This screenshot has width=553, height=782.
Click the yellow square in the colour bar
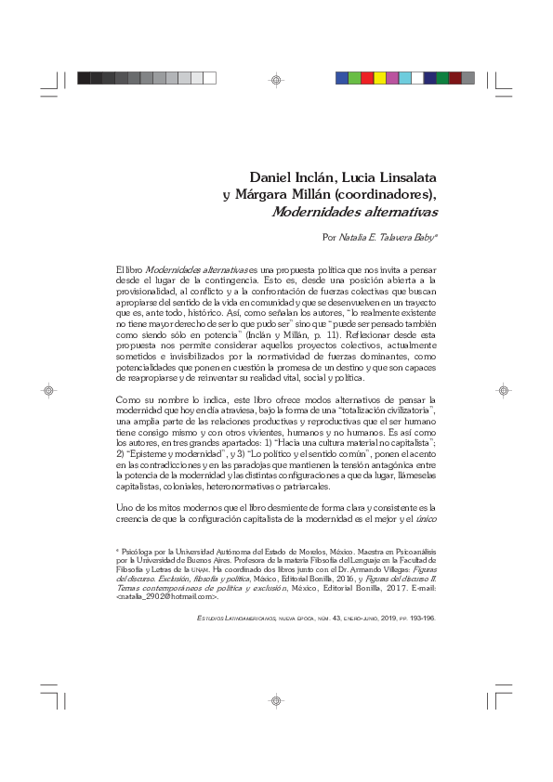(x=379, y=78)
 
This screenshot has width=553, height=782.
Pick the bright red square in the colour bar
(x=367, y=78)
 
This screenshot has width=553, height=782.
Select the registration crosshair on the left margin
(x=50, y=391)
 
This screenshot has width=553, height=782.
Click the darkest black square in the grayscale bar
(x=84, y=78)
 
